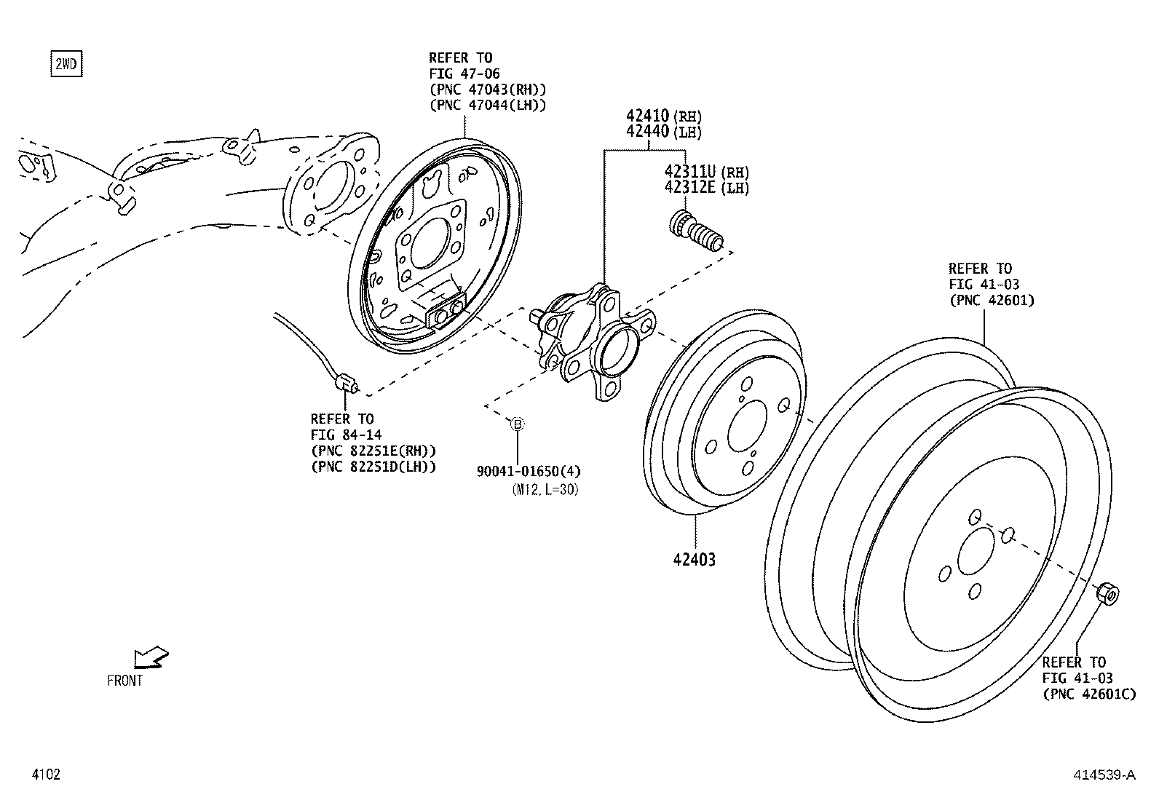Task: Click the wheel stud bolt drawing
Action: (695, 231)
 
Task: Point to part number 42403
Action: (694, 560)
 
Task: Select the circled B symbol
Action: (517, 424)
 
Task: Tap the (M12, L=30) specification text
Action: (545, 490)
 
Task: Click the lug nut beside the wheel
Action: (1107, 593)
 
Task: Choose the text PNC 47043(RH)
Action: (487, 89)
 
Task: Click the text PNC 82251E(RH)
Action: (373, 451)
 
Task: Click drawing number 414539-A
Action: (1104, 775)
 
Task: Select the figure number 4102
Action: (45, 775)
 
